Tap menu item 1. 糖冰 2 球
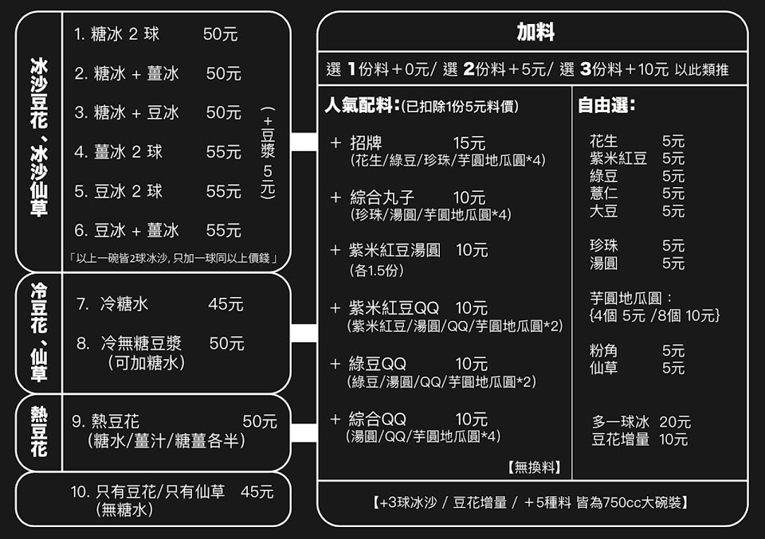point(116,34)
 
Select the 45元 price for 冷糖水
point(226,304)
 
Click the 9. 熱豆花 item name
point(105,422)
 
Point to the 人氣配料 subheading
point(361,106)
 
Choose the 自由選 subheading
point(606,106)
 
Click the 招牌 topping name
point(366,143)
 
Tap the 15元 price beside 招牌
point(469,143)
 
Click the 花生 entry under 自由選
point(603,142)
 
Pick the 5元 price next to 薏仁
point(673,193)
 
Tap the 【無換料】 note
point(534,467)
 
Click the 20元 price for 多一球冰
point(675,422)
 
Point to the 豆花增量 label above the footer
point(620,439)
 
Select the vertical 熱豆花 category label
point(38,432)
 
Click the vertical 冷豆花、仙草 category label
point(38,333)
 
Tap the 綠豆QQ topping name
point(377,364)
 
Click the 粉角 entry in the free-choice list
point(603,350)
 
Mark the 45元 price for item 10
point(257,492)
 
